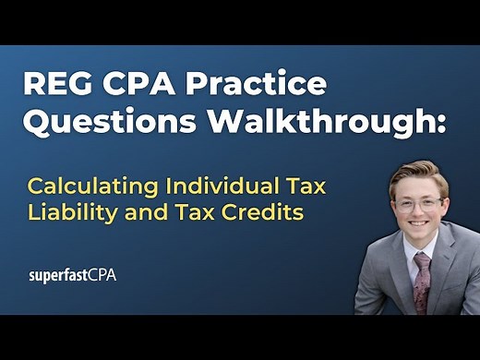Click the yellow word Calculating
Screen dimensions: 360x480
[85, 187]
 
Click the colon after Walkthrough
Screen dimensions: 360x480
[439, 126]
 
